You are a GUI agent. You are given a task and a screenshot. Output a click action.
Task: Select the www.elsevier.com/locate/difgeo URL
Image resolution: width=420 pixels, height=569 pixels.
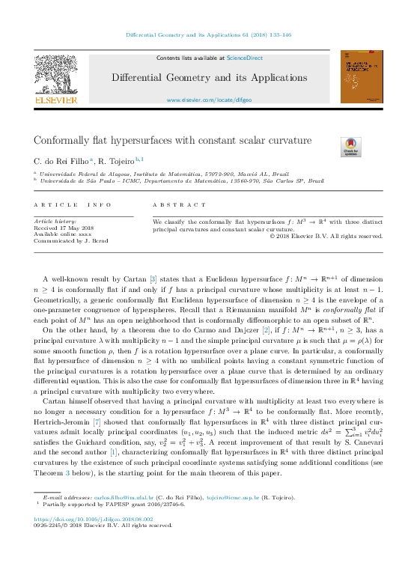(209, 100)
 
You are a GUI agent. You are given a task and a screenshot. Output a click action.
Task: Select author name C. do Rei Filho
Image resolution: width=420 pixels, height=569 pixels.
(61, 161)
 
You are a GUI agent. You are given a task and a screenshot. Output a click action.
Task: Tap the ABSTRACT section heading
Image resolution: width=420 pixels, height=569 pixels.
(179, 204)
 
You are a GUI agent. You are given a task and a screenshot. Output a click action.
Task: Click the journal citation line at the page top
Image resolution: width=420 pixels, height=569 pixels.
(209, 35)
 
